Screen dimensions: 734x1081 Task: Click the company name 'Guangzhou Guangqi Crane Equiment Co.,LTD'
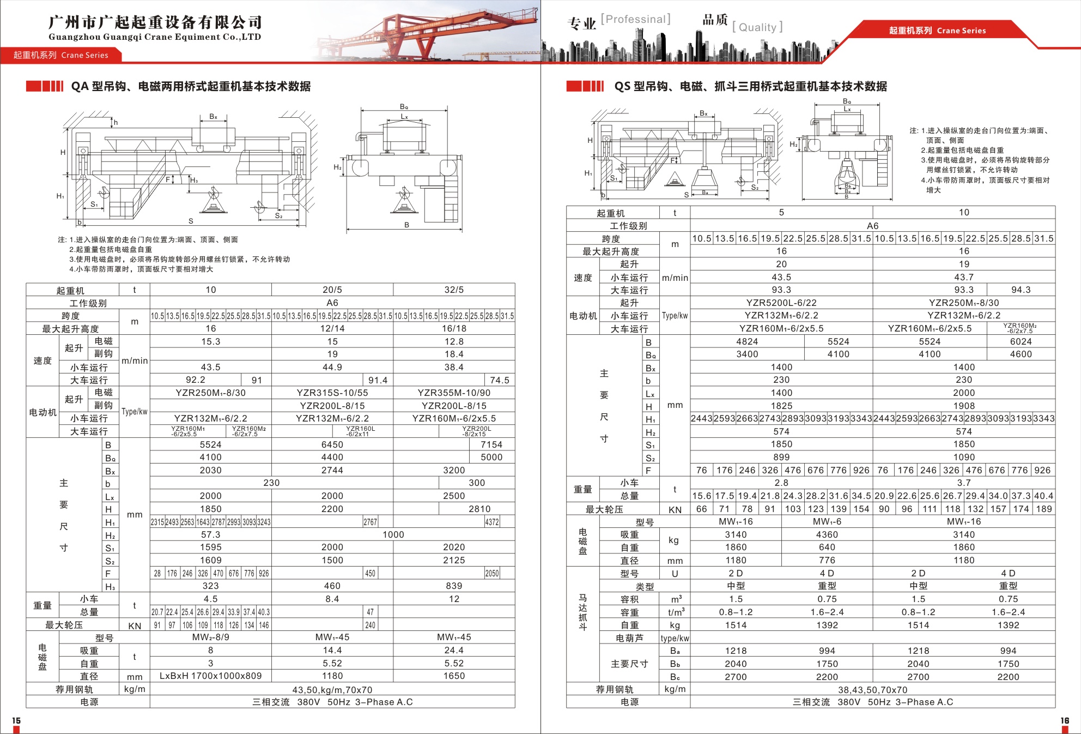click(x=155, y=37)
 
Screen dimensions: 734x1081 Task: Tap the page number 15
click(x=16, y=720)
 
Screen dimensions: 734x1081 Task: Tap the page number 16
click(x=1064, y=720)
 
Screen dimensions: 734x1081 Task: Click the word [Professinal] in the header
click(x=635, y=19)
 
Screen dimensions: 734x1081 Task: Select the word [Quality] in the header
click(x=757, y=27)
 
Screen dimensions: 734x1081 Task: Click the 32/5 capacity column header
click(x=454, y=290)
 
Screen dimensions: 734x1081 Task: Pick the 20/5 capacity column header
click(x=332, y=290)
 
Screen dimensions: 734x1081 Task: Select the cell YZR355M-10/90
click(x=454, y=393)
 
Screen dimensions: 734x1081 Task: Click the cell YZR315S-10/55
click(x=332, y=393)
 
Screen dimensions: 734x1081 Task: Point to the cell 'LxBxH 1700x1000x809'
click(x=210, y=676)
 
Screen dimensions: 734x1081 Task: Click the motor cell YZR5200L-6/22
click(x=781, y=303)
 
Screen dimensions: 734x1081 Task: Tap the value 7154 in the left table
click(x=491, y=444)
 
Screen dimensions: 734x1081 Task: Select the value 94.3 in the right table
click(x=1021, y=290)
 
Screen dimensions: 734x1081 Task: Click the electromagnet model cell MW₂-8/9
click(x=210, y=637)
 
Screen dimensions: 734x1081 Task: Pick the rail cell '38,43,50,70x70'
click(x=872, y=690)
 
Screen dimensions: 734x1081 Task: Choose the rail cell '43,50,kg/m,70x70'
click(x=332, y=690)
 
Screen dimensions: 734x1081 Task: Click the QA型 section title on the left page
click(x=191, y=86)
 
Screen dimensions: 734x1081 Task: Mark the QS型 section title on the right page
click(x=750, y=86)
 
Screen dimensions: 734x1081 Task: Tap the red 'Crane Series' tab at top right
click(x=937, y=31)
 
